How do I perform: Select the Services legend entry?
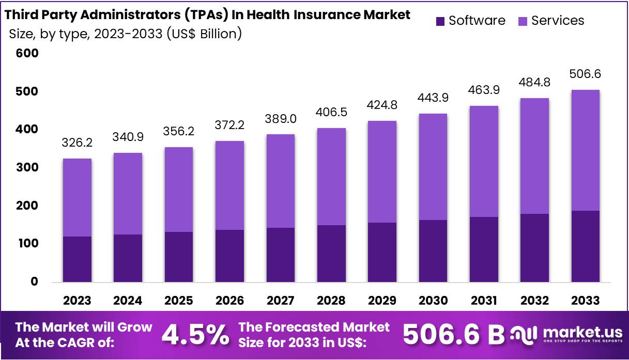(551, 21)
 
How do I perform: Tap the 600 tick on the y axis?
(27, 53)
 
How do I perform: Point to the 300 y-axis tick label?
(27, 167)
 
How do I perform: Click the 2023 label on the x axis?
(77, 301)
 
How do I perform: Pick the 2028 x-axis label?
(331, 301)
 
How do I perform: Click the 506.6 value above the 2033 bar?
(585, 74)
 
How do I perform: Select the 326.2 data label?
(77, 143)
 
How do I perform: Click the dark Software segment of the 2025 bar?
(179, 257)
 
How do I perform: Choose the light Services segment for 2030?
(433, 166)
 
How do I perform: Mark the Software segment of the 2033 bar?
(585, 246)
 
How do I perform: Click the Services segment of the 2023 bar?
(77, 197)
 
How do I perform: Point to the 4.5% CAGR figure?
(195, 335)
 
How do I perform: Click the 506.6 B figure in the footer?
(453, 335)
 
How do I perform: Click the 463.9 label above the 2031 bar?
(484, 90)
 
